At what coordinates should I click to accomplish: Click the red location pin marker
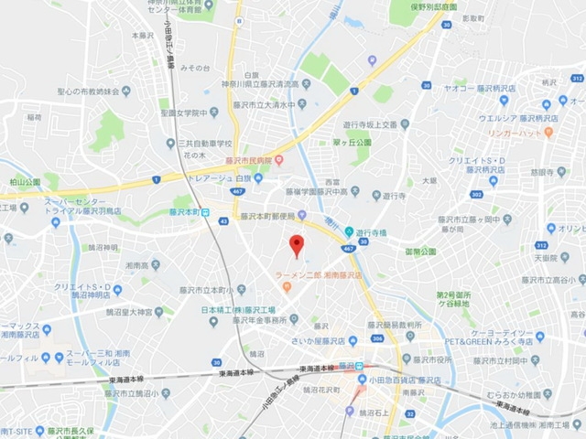[x=296, y=245]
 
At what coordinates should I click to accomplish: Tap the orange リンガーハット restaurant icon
[x=548, y=132]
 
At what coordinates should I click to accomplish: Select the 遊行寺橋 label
[x=374, y=230]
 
